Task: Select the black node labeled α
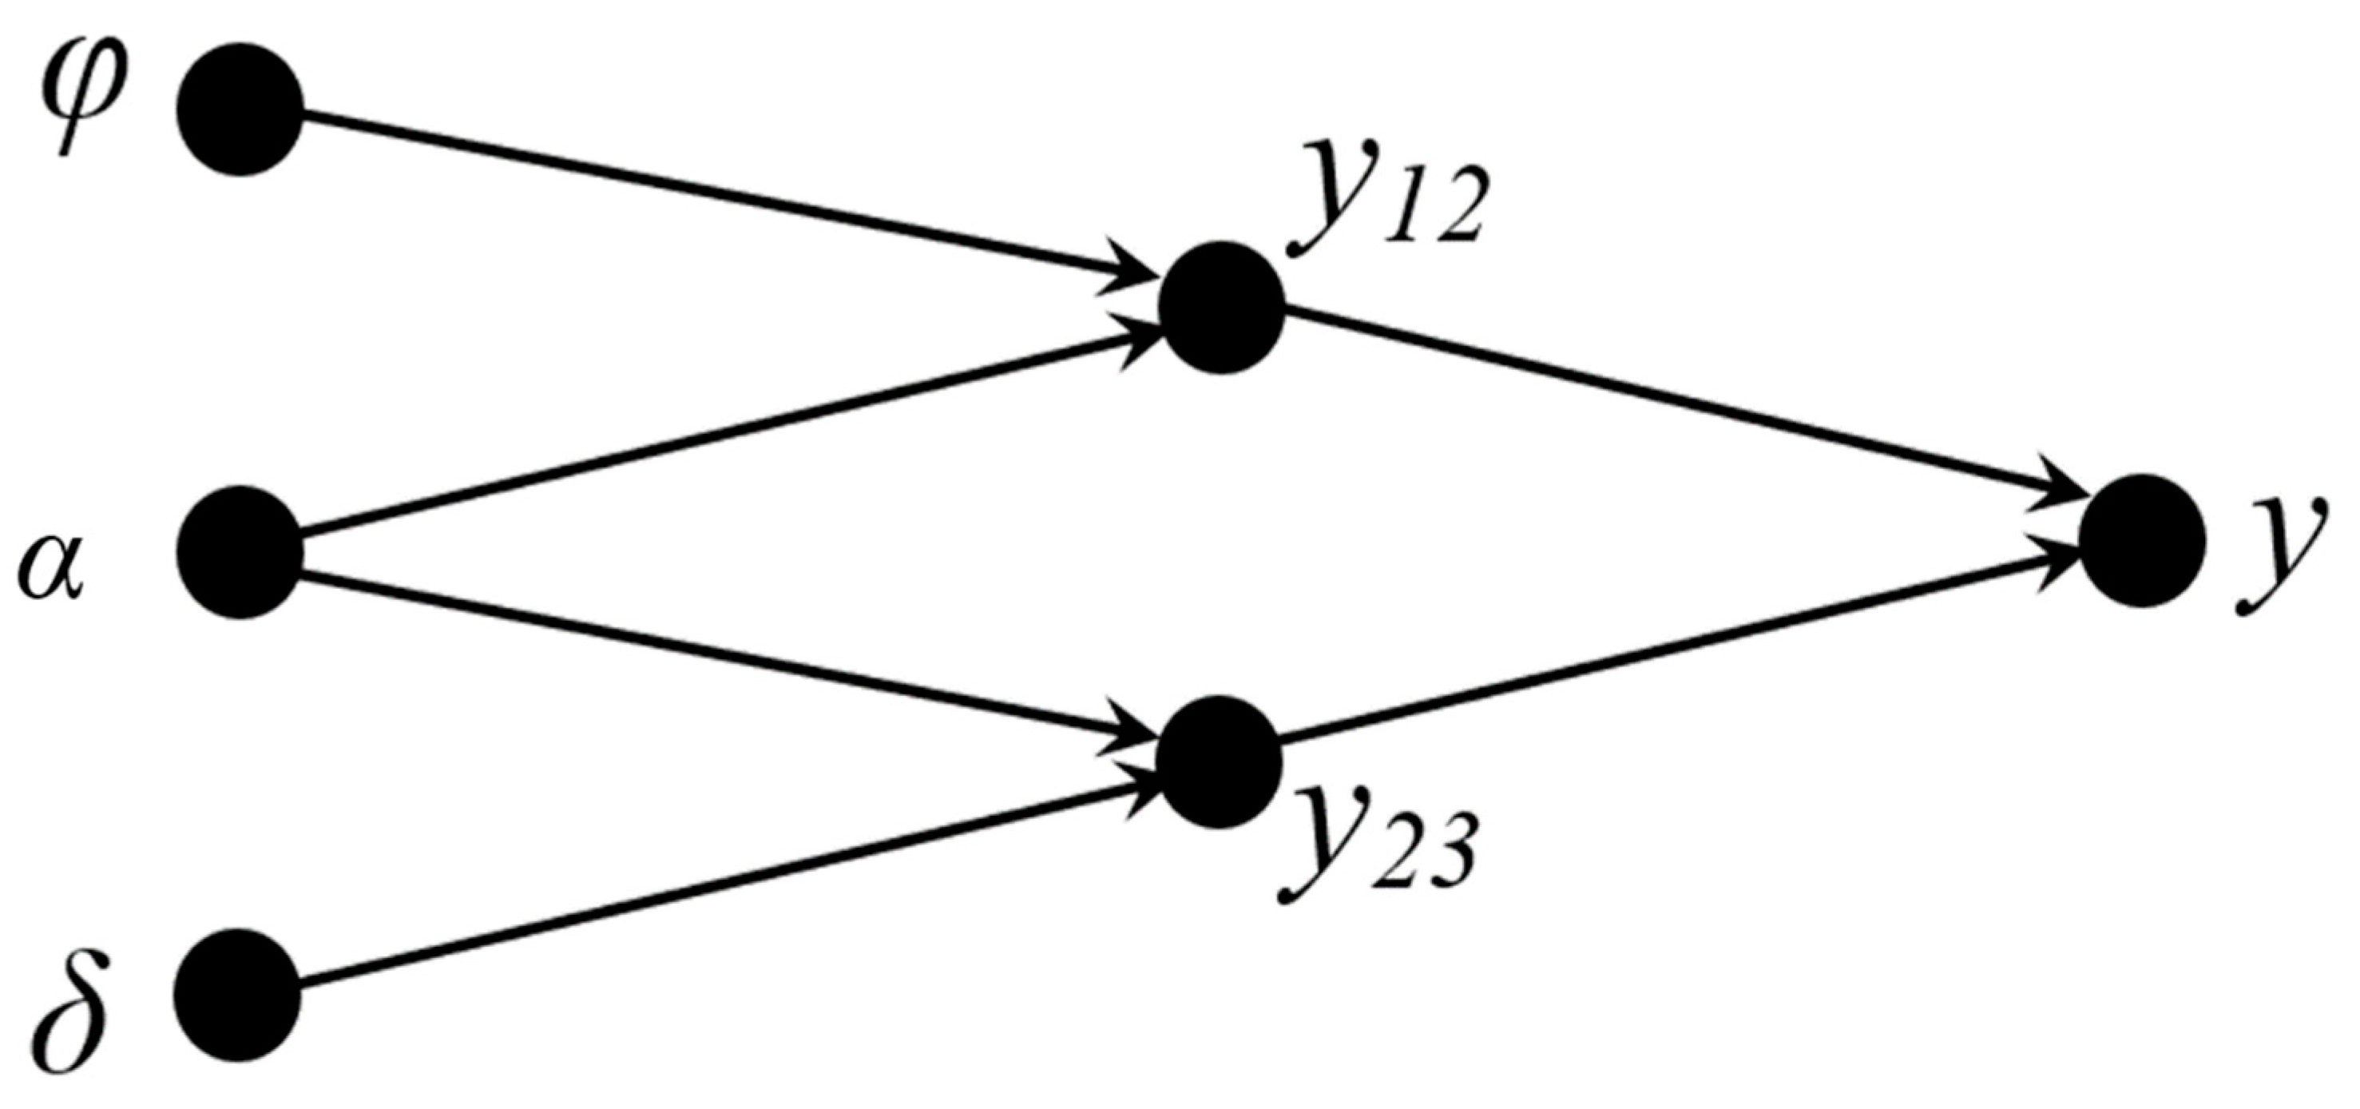(x=240, y=553)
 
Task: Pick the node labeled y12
(x=1221, y=308)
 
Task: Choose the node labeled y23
(x=1219, y=761)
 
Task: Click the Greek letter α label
(x=51, y=568)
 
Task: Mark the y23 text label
(x=1374, y=848)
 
